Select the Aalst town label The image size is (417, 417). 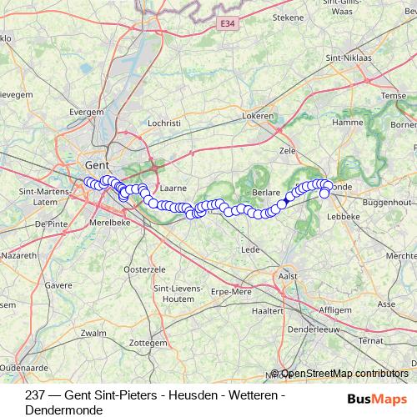coord(288,276)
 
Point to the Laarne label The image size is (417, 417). coord(173,189)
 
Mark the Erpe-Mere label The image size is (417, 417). coord(231,291)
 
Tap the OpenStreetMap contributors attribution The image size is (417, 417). coord(344,374)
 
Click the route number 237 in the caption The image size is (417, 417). coord(35,395)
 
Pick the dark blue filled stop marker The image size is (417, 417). coord(283,202)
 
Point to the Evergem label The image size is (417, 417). coord(86,111)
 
